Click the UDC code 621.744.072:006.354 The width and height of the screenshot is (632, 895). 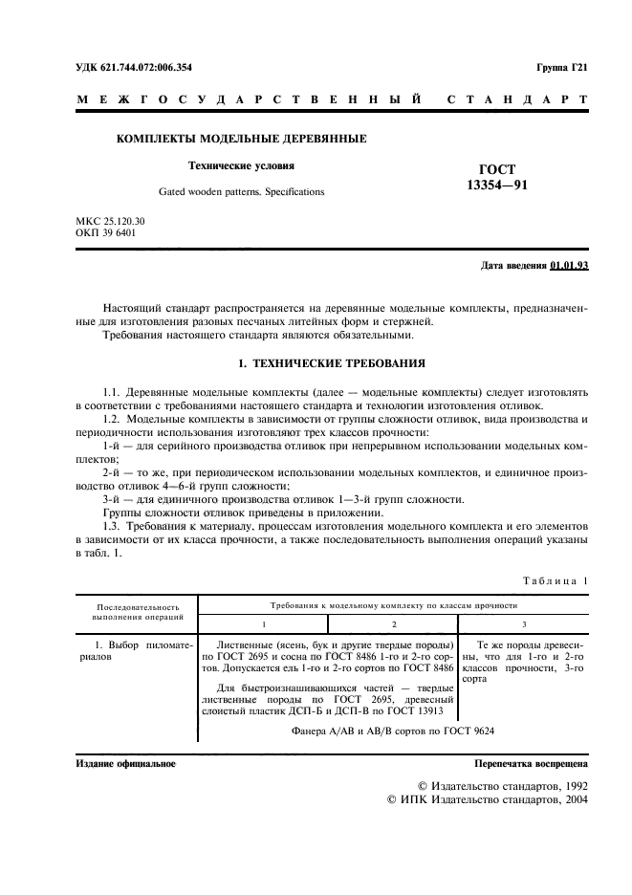pos(149,66)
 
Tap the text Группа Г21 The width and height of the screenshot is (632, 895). pos(563,66)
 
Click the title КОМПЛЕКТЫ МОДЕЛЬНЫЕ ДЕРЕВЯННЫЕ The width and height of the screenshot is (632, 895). pos(241,140)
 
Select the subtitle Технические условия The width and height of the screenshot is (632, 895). pos(241,165)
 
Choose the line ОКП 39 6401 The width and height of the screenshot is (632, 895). pos(104,232)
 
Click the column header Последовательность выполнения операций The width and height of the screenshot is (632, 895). pos(137,612)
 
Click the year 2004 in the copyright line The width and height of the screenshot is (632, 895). pos(572,799)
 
